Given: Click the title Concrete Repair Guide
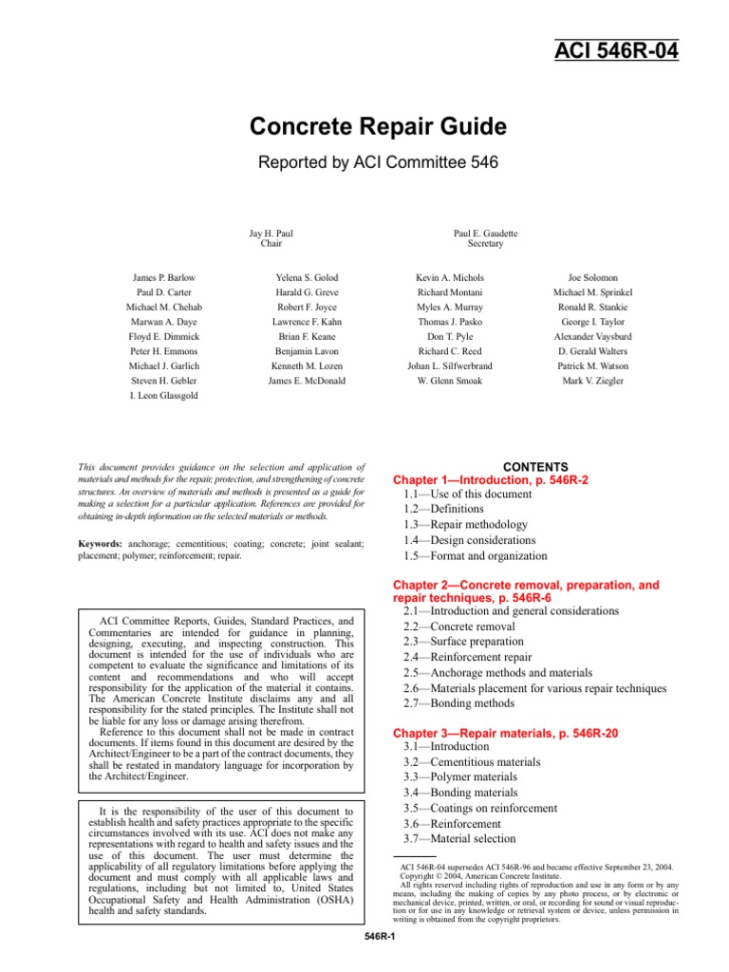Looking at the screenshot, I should pos(364,127).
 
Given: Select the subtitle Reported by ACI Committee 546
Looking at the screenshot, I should pos(364,162).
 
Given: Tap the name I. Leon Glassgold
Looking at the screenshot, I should pos(163,396).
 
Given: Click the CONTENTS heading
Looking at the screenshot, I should pos(535,467).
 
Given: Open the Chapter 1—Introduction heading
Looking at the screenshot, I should pos(491,481).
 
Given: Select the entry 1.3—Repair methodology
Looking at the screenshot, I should pos(459,525).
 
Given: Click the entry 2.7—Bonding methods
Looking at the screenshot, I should pos(458,703).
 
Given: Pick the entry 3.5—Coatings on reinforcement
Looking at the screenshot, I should pos(479,808).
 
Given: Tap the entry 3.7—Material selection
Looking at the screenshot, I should pos(459,838).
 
